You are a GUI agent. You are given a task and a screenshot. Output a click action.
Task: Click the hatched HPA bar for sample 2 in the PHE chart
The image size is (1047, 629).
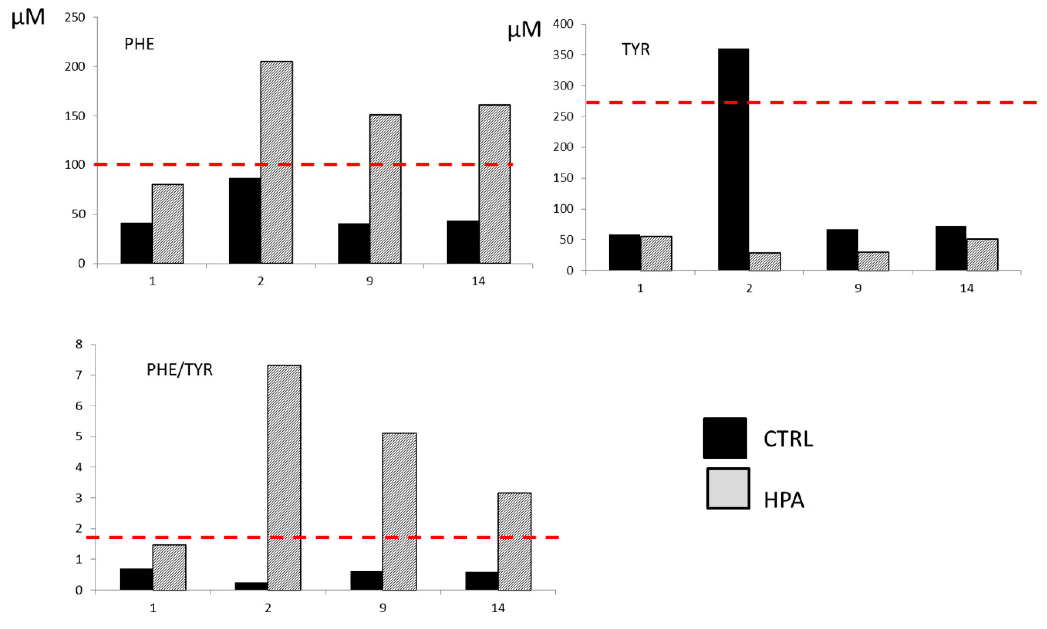click(x=276, y=162)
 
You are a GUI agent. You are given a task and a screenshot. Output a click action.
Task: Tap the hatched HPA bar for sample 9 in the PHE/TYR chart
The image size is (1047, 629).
click(x=399, y=511)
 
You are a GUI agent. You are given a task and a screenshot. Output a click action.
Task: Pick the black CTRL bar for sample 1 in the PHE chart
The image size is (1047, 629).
click(x=136, y=243)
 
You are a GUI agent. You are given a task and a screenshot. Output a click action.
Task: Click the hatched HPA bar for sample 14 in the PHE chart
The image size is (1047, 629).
click(x=494, y=184)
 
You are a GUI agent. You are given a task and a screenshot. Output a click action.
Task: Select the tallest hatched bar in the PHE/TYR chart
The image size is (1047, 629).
click(x=284, y=477)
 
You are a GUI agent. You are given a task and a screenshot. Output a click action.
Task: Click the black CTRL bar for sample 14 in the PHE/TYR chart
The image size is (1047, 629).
click(x=482, y=581)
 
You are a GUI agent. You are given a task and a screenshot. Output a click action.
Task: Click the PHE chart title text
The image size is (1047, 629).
click(x=139, y=44)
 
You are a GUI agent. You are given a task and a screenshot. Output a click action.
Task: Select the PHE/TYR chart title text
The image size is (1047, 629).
click(x=179, y=370)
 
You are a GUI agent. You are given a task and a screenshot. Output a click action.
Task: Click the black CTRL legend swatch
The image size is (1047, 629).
click(x=725, y=438)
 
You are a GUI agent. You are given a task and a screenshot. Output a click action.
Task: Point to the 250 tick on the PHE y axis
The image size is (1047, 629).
click(x=75, y=18)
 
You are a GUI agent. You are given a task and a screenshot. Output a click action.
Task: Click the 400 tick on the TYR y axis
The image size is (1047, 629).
click(x=563, y=24)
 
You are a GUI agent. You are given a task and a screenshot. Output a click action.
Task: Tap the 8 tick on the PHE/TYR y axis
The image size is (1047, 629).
click(x=79, y=344)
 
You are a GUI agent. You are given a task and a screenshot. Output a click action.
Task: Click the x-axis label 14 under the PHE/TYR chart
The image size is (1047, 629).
click(x=498, y=608)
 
